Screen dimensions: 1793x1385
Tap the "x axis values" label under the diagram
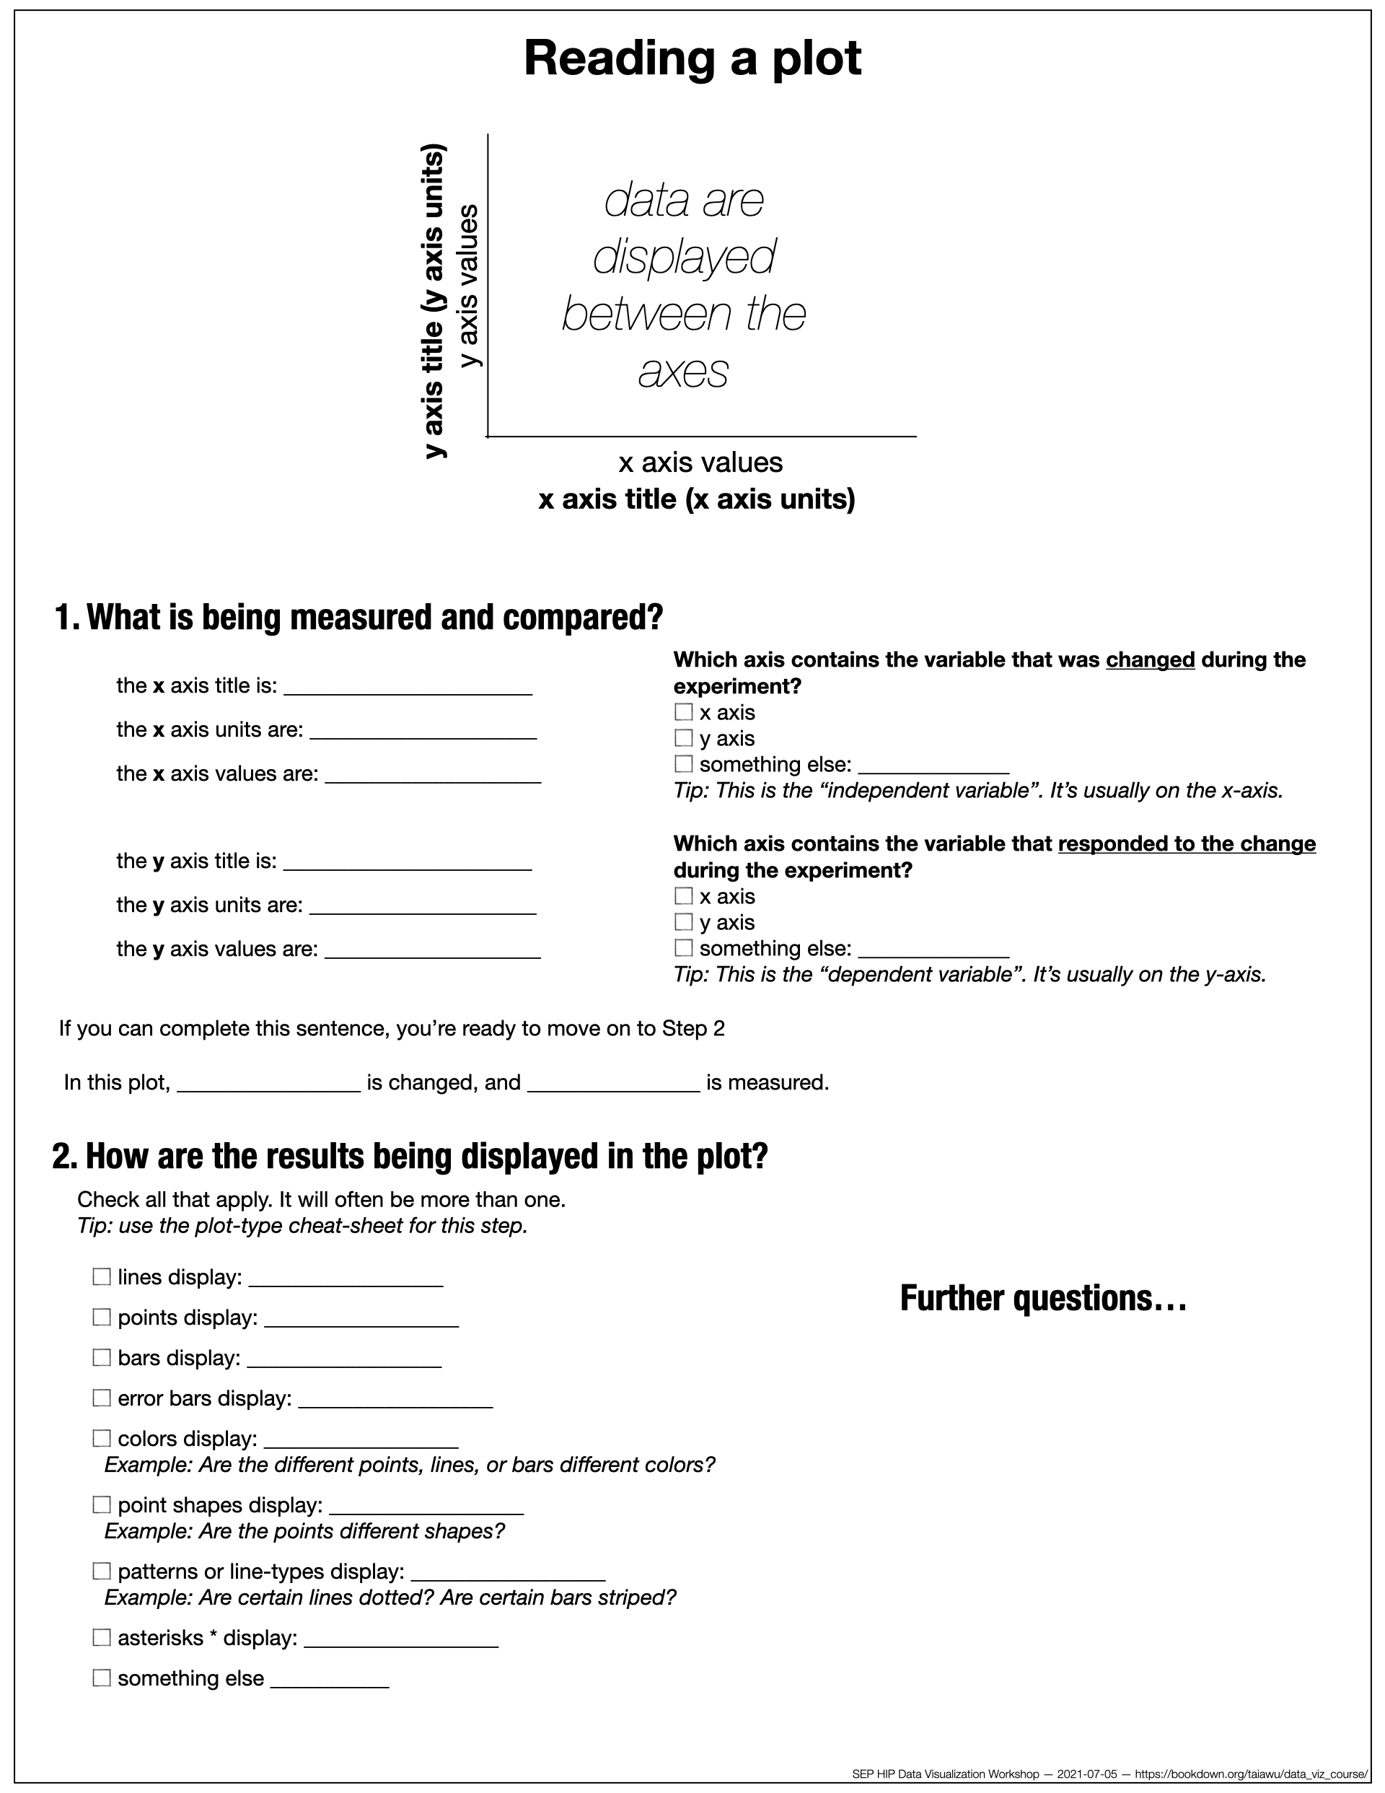tap(700, 463)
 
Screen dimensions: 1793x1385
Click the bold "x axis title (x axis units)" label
tap(696, 499)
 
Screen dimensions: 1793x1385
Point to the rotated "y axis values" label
tap(467, 286)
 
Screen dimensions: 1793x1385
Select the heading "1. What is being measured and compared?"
tap(358, 618)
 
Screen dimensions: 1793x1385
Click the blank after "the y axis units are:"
tap(423, 906)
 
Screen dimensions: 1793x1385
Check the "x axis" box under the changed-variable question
tap(683, 711)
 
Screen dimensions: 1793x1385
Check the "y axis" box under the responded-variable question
tap(683, 922)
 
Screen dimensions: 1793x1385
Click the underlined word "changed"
tap(1149, 660)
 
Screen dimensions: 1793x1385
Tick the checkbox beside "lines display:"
tap(102, 1276)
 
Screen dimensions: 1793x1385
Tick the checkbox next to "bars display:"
tap(102, 1357)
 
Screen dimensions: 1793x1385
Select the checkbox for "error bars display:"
tap(102, 1398)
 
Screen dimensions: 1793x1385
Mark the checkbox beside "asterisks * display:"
tap(102, 1637)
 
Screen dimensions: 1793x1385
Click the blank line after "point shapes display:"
tap(426, 1506)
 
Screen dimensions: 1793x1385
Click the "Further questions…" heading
tap(1042, 1299)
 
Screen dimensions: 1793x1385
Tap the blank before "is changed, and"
tap(268, 1083)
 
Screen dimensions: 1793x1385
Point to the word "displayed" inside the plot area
tap(684, 257)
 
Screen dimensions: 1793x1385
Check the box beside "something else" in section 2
tap(102, 1678)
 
